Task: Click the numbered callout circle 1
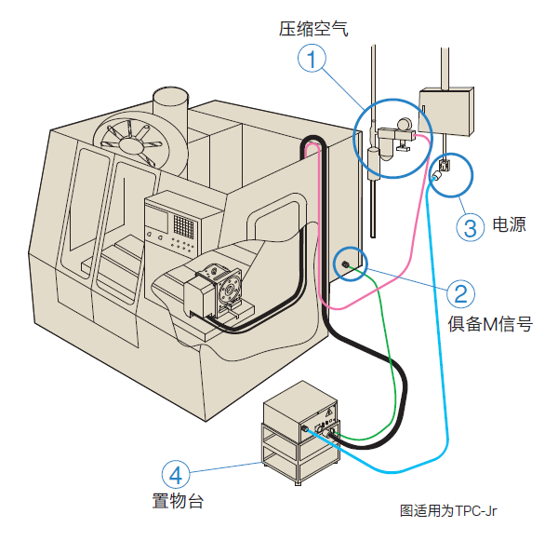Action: pos(312,58)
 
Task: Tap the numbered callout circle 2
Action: pos(461,293)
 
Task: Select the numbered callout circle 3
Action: pos(471,227)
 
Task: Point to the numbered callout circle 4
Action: pos(176,475)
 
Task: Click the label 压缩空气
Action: pos(313,29)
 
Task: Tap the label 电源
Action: pos(510,224)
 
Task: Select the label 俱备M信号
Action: pos(490,324)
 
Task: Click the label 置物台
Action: pos(178,501)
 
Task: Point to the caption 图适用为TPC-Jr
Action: pos(448,510)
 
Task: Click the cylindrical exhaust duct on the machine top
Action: pos(170,107)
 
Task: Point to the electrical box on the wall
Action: pos(446,111)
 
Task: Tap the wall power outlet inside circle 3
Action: pos(445,166)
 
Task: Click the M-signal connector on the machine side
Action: pos(344,264)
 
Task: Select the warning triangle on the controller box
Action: pos(329,412)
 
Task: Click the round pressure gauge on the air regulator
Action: pos(405,124)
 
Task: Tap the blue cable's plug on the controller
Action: pos(305,428)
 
